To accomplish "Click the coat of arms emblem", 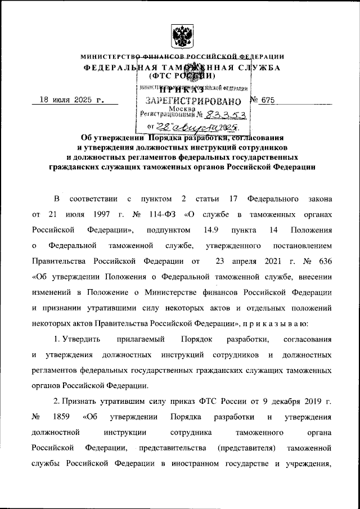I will click(x=180, y=35).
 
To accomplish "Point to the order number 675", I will click(x=268, y=100).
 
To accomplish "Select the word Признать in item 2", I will click(x=87, y=402).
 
